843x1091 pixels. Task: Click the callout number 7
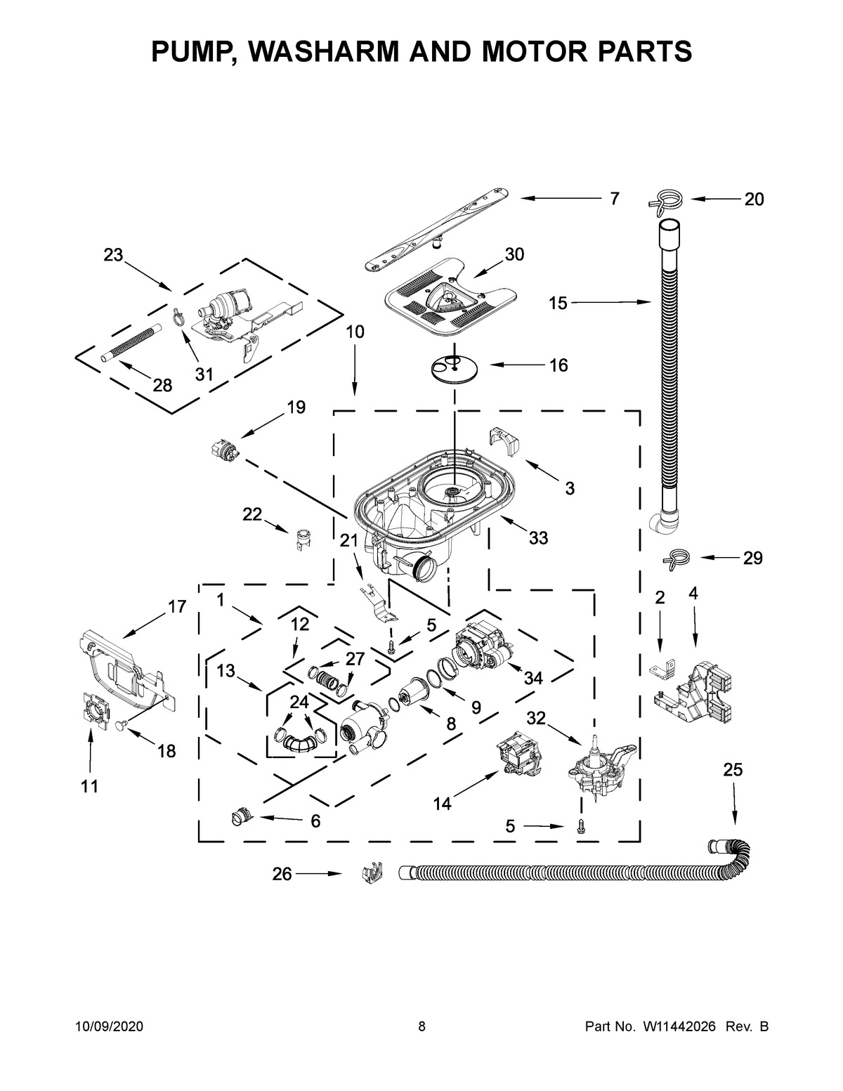coord(614,199)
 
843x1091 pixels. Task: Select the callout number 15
coord(558,303)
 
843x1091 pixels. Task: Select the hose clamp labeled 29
coord(676,558)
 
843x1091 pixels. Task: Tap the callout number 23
coord(113,256)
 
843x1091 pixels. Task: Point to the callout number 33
coord(538,539)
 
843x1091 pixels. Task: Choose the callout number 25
coord(733,770)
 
